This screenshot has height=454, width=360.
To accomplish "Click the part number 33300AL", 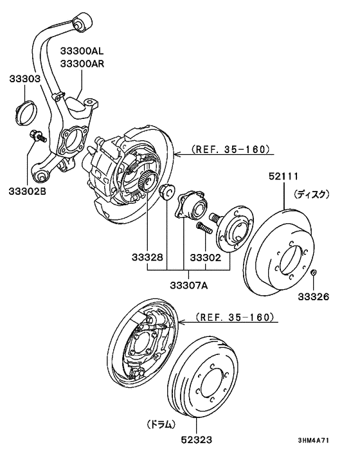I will coord(82,51).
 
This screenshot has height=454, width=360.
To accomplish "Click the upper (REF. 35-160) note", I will coord(231,150).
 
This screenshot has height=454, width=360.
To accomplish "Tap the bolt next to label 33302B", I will coord(37,136).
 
